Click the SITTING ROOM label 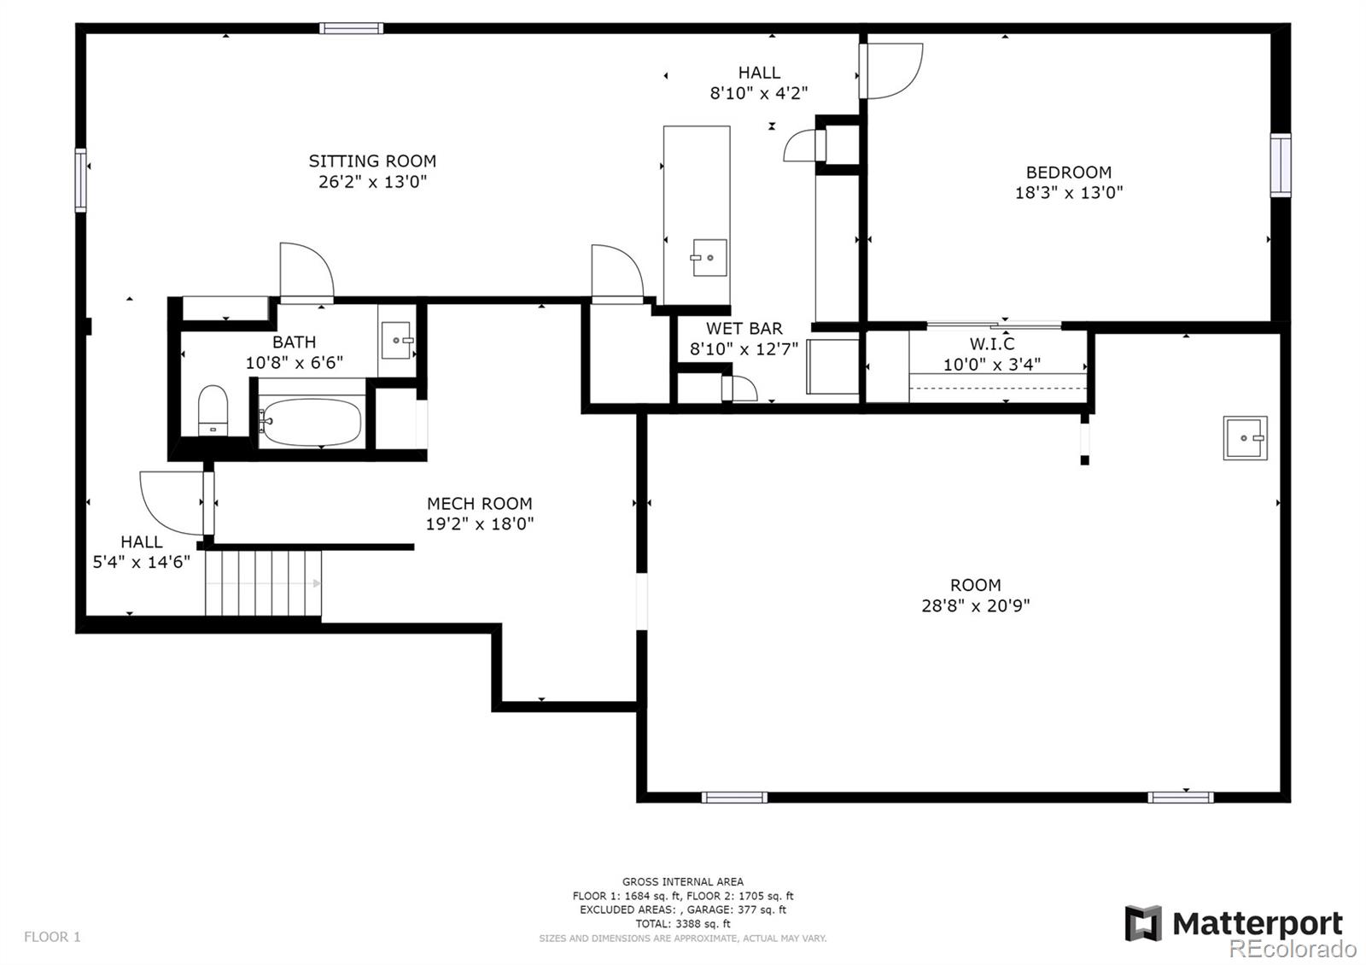tap(372, 161)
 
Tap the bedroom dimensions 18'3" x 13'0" tap(1068, 193)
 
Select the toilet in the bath tap(213, 410)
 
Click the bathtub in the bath tap(311, 422)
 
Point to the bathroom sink tap(397, 341)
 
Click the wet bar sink tap(709, 257)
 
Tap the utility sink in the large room tap(1246, 438)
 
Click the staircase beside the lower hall tap(263, 583)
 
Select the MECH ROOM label tap(479, 503)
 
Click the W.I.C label tap(992, 343)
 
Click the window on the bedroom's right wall tap(1281, 166)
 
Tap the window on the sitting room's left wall tap(80, 180)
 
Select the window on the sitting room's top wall tap(351, 28)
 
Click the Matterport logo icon tap(1143, 923)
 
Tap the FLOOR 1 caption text tap(52, 936)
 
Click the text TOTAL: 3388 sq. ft tap(682, 923)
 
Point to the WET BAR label tap(744, 328)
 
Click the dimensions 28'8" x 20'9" tap(975, 605)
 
